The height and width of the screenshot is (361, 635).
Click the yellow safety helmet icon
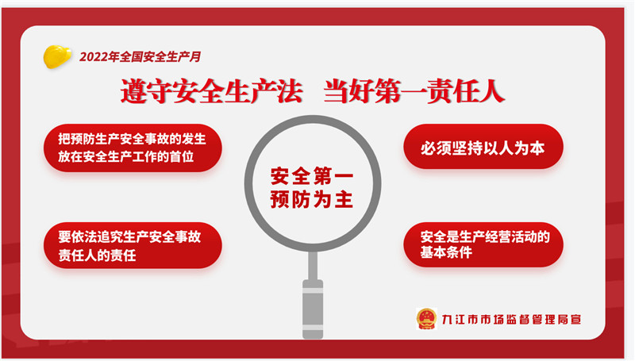tap(57, 56)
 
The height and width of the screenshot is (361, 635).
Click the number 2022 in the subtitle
tap(94, 56)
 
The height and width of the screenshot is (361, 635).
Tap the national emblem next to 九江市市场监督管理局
tap(426, 319)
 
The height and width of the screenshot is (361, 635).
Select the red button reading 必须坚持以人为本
tap(483, 147)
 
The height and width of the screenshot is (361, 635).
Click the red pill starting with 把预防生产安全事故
tap(133, 148)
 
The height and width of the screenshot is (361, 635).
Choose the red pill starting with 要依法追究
tap(133, 245)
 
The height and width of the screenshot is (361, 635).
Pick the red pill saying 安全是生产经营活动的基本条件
tap(483, 244)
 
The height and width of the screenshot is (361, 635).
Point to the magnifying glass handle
tap(313, 295)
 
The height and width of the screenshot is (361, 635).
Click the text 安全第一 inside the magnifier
tap(312, 176)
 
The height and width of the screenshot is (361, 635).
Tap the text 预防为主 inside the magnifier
tap(312, 199)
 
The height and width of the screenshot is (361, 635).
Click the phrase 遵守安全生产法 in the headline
tap(212, 91)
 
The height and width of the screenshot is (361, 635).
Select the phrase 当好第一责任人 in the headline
tap(414, 91)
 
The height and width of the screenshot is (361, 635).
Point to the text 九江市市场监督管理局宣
tap(511, 319)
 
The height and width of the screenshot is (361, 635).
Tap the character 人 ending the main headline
tap(491, 91)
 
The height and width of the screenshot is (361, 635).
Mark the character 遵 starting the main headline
tap(133, 91)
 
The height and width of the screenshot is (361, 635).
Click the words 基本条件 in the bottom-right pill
tap(446, 252)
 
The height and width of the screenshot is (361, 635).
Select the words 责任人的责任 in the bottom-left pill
tap(97, 255)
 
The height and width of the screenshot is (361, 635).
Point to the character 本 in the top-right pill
tap(537, 148)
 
